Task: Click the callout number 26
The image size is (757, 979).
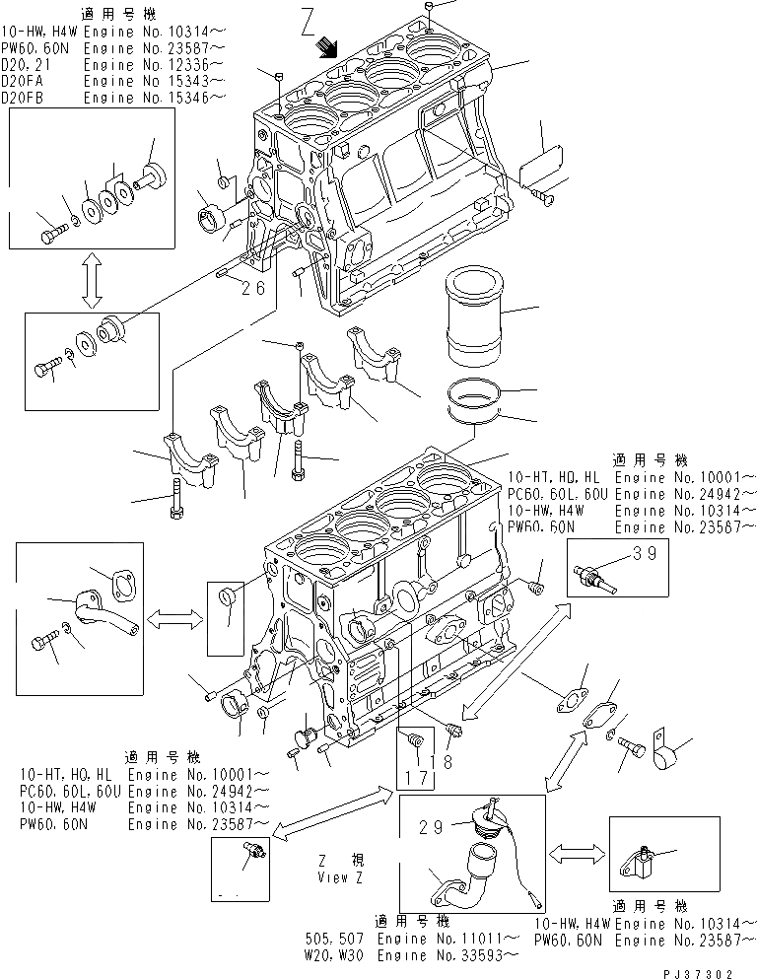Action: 253,289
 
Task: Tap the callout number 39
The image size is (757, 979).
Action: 644,554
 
